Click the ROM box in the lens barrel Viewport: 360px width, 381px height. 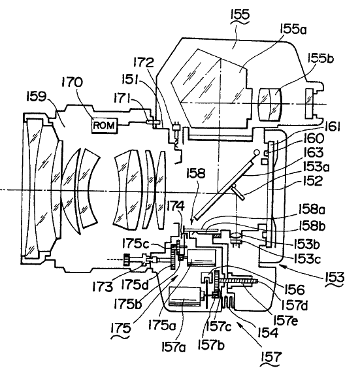click(105, 125)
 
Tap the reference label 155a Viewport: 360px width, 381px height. click(293, 29)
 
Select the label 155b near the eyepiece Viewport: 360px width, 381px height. click(320, 58)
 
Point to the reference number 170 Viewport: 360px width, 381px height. click(72, 82)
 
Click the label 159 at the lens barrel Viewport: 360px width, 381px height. click(36, 96)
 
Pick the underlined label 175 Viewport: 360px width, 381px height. click(121, 328)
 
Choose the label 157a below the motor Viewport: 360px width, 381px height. click(173, 347)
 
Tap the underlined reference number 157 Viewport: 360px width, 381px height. click(271, 357)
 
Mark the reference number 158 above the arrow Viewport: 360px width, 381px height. click(196, 174)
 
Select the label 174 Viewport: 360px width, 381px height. click(176, 207)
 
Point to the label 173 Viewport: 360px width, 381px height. click(103, 287)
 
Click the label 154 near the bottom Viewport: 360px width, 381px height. click(267, 333)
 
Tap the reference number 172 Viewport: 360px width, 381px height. click(144, 63)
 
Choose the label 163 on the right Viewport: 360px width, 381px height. click(314, 152)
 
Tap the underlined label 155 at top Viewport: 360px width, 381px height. click(240, 14)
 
